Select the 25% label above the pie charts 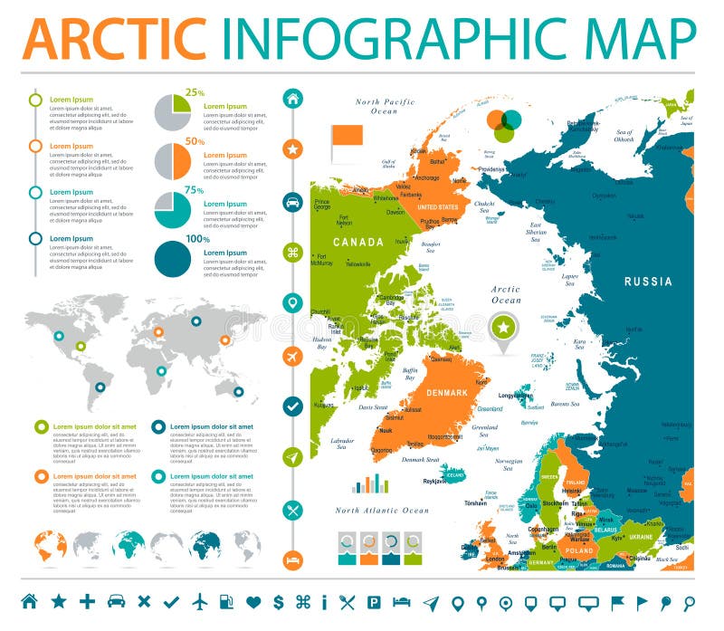point(195,92)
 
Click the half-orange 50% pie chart point(173,161)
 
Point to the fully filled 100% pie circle point(173,259)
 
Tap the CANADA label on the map point(358,242)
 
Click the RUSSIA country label point(648,282)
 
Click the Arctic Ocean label point(506,294)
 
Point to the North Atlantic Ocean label point(382,511)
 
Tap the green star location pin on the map point(503,328)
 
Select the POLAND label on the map point(579,550)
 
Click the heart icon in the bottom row point(253,601)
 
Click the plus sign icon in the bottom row point(87,601)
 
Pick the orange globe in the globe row point(50,547)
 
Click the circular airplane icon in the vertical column point(292,356)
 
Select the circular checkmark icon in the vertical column point(292,407)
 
